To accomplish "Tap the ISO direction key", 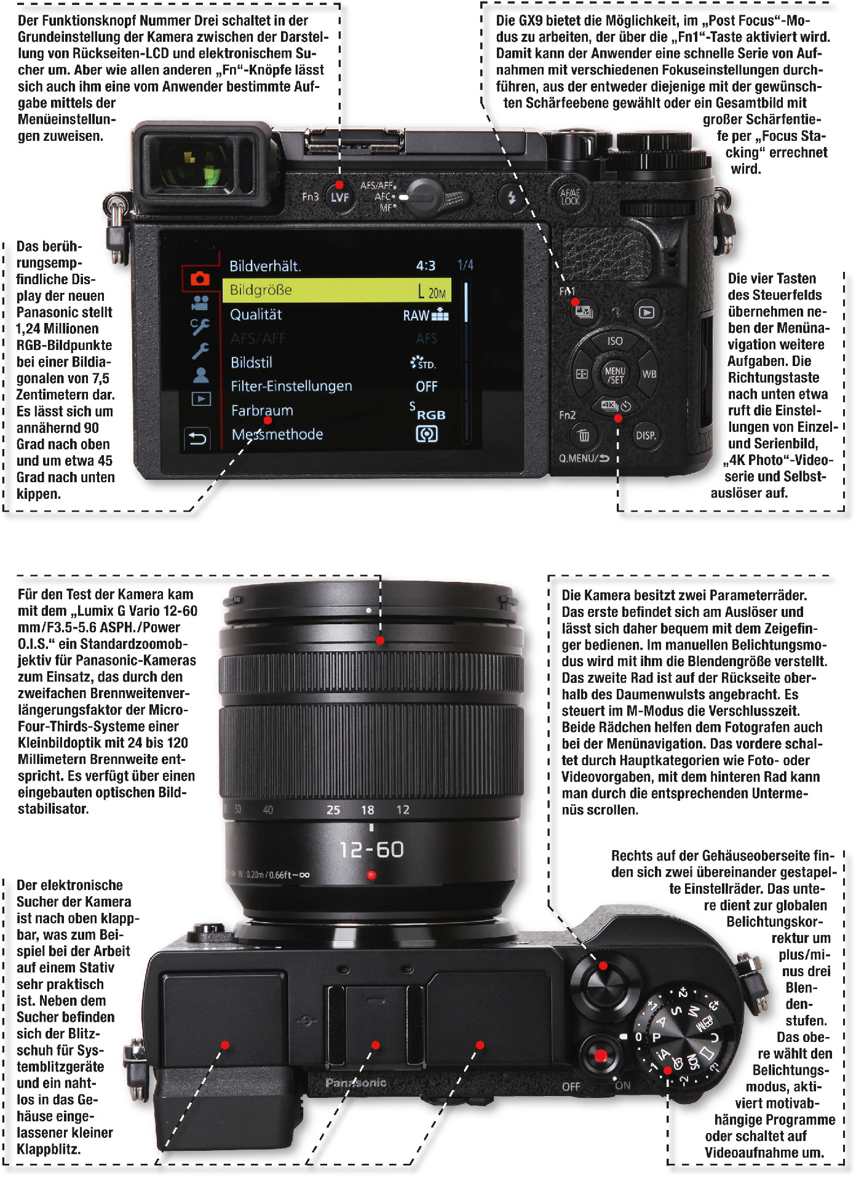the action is [x=615, y=341].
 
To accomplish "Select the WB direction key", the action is [x=649, y=374].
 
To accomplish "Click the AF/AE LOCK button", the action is [x=569, y=196].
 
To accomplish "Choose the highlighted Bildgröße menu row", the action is [x=337, y=290].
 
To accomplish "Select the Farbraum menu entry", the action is [x=262, y=410].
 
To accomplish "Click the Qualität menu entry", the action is [x=256, y=315].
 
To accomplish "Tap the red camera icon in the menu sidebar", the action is [x=200, y=279].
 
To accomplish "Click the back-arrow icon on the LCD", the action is [x=197, y=439].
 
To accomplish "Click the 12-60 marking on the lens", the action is [x=372, y=849].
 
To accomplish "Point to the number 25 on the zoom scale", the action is [x=333, y=810].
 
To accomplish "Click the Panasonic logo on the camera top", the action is [x=356, y=1083].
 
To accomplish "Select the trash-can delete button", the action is [x=583, y=435].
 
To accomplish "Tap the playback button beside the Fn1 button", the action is [x=646, y=312].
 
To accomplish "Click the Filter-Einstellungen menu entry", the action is [x=291, y=386].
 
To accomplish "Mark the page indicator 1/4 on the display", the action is [x=466, y=265].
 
